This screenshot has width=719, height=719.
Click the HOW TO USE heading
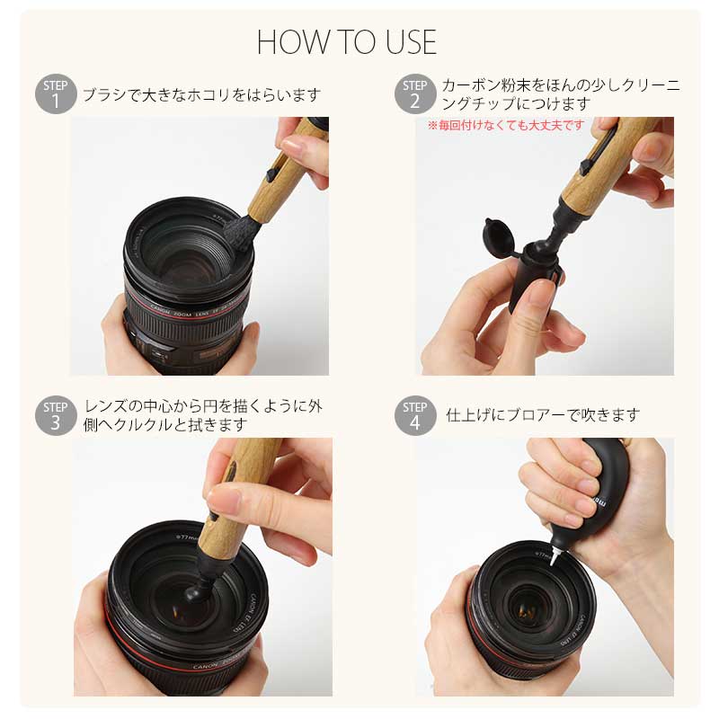(x=347, y=42)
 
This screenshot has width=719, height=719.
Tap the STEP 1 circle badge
(x=56, y=93)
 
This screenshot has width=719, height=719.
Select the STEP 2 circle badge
(x=415, y=93)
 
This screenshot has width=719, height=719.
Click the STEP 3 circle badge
(x=56, y=415)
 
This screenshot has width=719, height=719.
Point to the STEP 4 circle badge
(x=415, y=415)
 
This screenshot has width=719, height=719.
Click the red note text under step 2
(x=506, y=125)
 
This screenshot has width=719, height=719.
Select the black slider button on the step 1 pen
(x=271, y=173)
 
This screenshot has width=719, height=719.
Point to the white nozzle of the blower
(x=555, y=556)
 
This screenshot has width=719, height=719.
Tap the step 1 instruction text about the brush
(x=201, y=95)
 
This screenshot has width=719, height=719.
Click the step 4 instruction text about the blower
(x=543, y=415)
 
